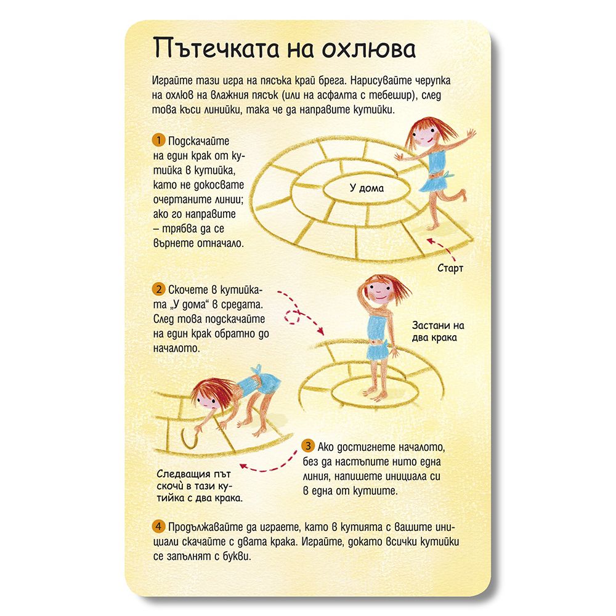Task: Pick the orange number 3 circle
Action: pos(308,445)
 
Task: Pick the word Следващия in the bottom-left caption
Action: pos(183,474)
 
